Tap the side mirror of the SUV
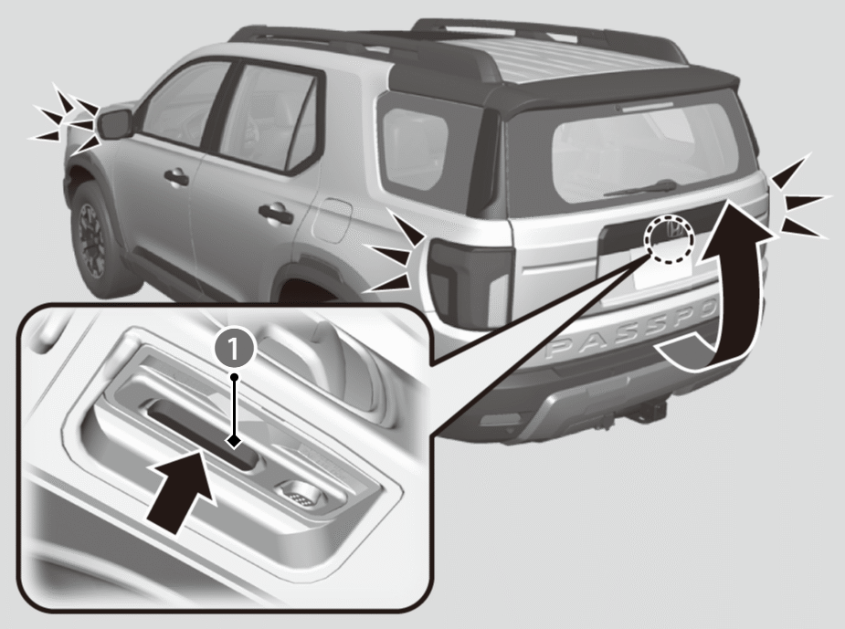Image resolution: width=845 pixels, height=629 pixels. (x=116, y=123)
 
